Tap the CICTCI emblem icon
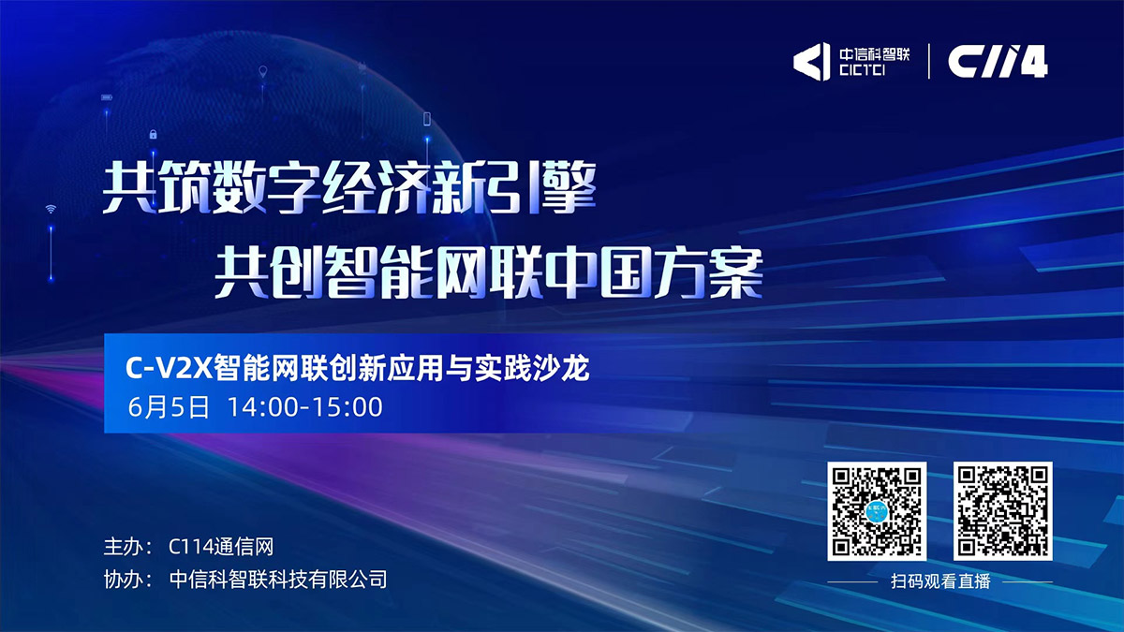[811, 62]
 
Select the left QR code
[877, 510]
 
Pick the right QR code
[1003, 510]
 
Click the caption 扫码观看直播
[939, 581]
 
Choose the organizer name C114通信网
[221, 547]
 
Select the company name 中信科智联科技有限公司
[278, 579]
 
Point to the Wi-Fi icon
[51, 209]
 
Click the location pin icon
[263, 71]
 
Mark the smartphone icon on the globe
[427, 119]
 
